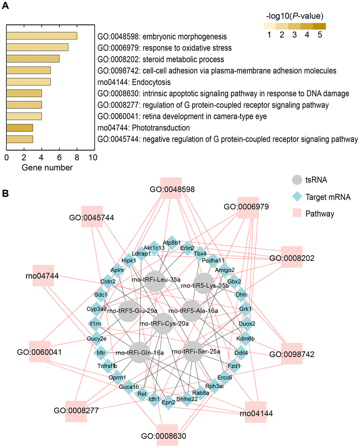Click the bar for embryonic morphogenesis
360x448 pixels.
click(x=42, y=36)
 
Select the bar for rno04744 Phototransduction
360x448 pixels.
click(x=20, y=127)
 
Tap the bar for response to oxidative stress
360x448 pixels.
click(x=37, y=47)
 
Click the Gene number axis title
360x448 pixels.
click(x=47, y=168)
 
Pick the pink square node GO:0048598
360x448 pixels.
click(x=171, y=188)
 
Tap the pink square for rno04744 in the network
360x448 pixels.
click(x=43, y=275)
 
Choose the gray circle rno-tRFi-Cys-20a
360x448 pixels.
click(x=163, y=323)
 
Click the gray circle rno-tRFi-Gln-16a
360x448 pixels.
click(x=139, y=352)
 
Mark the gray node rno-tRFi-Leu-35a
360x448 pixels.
click(x=155, y=281)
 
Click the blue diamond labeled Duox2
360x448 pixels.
click(x=247, y=323)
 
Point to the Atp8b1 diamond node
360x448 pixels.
click(x=172, y=243)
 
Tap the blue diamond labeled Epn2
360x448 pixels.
click(x=168, y=402)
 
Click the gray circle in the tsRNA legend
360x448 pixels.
click(x=297, y=180)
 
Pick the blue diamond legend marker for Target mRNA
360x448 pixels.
click(x=297, y=197)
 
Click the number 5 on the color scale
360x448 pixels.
click(x=320, y=35)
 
